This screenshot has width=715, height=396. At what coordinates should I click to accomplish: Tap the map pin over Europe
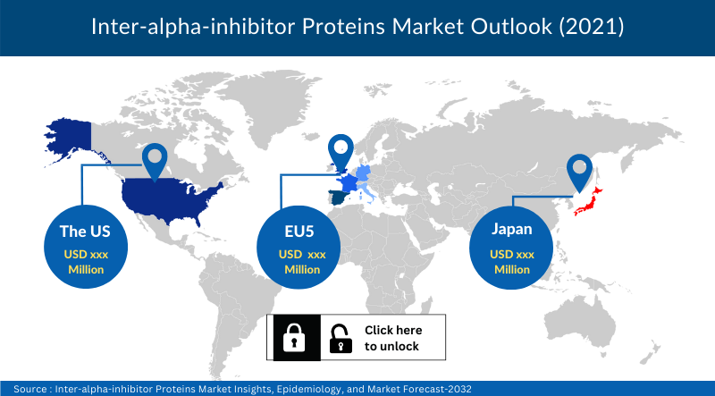pyautogui.click(x=341, y=151)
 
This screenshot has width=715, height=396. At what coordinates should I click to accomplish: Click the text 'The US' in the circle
pyautogui.click(x=84, y=231)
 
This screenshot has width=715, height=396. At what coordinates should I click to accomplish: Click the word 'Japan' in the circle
pyautogui.click(x=511, y=229)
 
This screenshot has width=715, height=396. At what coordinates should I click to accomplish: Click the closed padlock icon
pyautogui.click(x=293, y=338)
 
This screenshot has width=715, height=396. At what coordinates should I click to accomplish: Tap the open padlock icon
pyautogui.click(x=341, y=338)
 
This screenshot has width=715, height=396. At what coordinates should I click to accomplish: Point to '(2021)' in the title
pyautogui.click(x=592, y=28)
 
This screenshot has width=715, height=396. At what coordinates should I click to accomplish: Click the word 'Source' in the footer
pyautogui.click(x=29, y=388)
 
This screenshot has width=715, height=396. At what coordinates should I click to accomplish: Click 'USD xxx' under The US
pyautogui.click(x=84, y=255)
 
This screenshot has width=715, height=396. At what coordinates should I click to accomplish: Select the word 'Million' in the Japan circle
pyautogui.click(x=511, y=269)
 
